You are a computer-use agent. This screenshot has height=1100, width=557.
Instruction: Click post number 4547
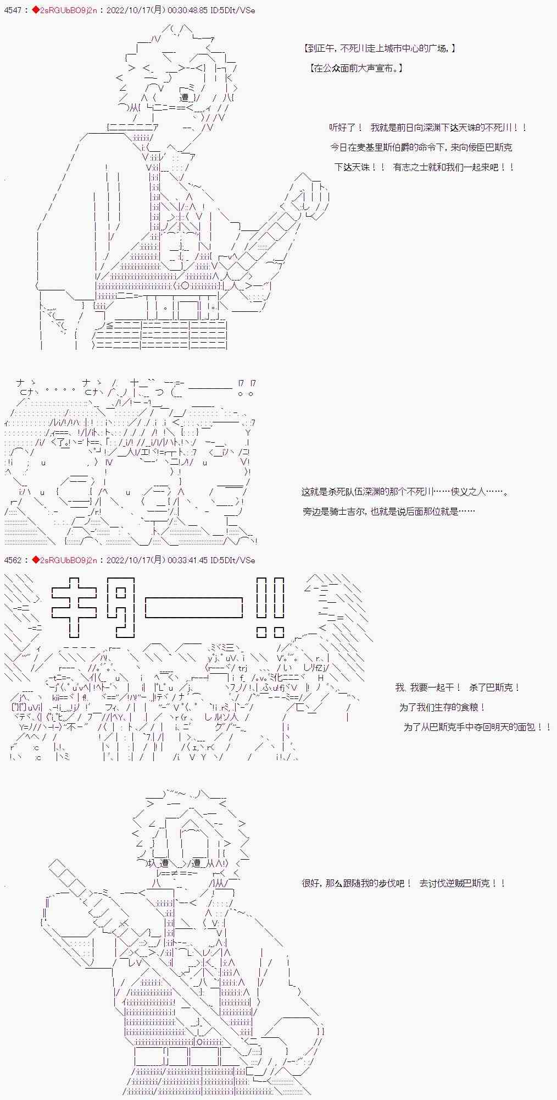pos(12,10)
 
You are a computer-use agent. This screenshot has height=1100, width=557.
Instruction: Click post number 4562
pos(12,560)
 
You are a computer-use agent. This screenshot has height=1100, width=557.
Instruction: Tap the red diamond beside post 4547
pos(36,10)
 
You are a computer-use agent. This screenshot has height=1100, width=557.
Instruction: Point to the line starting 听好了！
pos(428,128)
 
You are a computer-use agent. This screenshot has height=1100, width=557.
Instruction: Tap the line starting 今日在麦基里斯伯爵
pos(421,147)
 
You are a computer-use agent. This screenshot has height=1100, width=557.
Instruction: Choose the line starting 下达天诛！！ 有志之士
pos(424,167)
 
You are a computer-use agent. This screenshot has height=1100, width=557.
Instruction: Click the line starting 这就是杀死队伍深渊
pos(405,492)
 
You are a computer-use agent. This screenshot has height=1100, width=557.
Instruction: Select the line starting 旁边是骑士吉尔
pos(388,512)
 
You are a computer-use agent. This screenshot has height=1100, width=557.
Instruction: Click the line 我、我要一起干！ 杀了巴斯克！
pos(458,687)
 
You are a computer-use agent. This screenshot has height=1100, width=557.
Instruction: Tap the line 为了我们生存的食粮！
pos(442,707)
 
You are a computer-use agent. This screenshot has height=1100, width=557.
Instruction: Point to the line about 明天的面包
pos(477,727)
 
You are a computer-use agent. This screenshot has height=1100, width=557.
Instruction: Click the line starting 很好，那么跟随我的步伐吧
pos(403,883)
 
